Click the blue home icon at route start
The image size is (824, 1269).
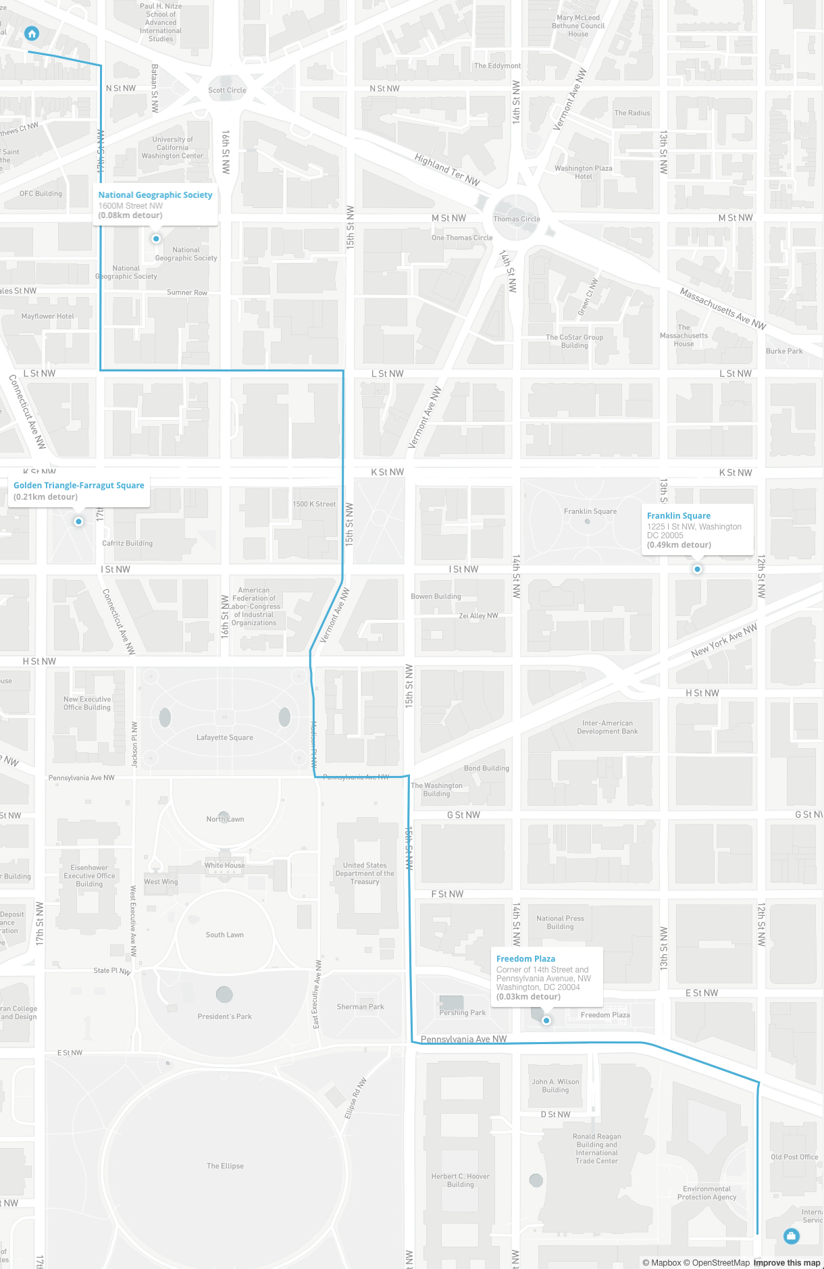coord(31,33)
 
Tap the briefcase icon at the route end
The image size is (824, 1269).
coord(791,1236)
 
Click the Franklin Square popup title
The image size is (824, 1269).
coord(678,515)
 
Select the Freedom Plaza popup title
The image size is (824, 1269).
coord(525,958)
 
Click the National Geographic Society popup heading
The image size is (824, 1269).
coord(155,195)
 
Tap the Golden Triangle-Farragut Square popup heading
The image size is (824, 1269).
coord(79,485)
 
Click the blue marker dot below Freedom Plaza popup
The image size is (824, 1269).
coord(546,1020)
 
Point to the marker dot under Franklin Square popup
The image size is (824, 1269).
coord(697,569)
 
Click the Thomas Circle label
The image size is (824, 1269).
coord(516,219)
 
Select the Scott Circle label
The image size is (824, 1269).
coord(227,90)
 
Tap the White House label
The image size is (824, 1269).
coord(225,865)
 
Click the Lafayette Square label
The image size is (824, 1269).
coord(225,737)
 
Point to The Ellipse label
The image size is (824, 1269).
coord(225,1166)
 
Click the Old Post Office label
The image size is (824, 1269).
coord(794,1157)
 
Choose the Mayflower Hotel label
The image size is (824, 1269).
coord(47,316)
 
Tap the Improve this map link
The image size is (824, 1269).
coord(786,1262)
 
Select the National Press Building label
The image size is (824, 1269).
coord(560,923)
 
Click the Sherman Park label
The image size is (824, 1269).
coord(360,1006)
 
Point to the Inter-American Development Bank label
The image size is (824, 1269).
coord(607,727)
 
